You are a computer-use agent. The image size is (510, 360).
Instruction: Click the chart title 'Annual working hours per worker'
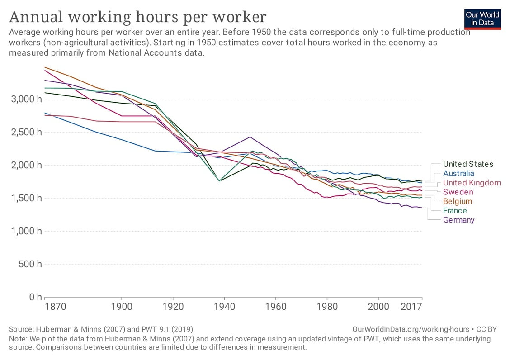pyautogui.click(x=137, y=17)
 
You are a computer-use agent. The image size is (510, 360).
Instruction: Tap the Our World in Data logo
pyautogui.click(x=482, y=19)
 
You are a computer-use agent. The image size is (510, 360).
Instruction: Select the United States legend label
pyautogui.click(x=468, y=164)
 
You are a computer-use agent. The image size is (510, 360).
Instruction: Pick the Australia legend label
pyautogui.click(x=458, y=173)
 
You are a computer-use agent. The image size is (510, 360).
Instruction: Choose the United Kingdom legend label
pyautogui.click(x=472, y=183)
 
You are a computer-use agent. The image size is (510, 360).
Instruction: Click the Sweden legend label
pyautogui.click(x=458, y=192)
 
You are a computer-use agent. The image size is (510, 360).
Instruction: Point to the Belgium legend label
pyautogui.click(x=458, y=201)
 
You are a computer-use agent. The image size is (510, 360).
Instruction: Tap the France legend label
pyautogui.click(x=455, y=211)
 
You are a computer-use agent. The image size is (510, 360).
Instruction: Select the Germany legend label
pyautogui.click(x=458, y=220)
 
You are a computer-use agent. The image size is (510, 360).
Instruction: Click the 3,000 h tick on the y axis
pyautogui.click(x=26, y=99)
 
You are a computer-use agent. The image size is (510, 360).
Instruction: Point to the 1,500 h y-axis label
pyautogui.click(x=26, y=198)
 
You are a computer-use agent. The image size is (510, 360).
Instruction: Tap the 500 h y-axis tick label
pyautogui.click(x=29, y=264)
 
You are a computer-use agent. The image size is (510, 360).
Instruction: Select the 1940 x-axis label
pyautogui.click(x=224, y=307)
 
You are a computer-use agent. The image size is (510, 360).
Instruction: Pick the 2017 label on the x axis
pyautogui.click(x=411, y=307)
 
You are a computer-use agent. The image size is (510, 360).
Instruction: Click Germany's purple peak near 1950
pyautogui.click(x=250, y=137)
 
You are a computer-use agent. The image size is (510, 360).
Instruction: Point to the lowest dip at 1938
pyautogui.click(x=219, y=181)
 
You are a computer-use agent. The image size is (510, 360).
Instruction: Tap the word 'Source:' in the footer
pyautogui.click(x=22, y=329)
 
